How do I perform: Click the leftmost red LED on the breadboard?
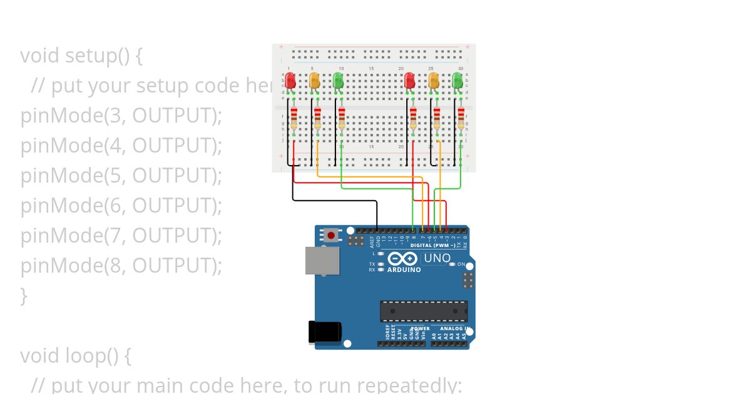tap(290, 80)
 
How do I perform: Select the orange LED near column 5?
tap(314, 80)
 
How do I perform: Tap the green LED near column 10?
tap(338, 80)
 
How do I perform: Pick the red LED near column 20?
tap(409, 80)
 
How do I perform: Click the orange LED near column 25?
tap(433, 80)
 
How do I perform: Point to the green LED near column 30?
tap(457, 80)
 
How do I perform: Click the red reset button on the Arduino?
tap(330, 236)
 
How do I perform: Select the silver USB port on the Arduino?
tap(322, 260)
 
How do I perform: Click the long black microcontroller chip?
tap(424, 311)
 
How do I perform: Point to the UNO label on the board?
tap(437, 258)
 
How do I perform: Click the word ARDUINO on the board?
tap(404, 270)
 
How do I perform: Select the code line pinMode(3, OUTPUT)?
tap(121, 116)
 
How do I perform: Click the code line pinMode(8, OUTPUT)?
tap(121, 266)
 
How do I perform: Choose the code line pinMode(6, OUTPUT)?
tap(121, 206)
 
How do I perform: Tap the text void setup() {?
tap(81, 56)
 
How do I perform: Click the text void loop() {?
tap(75, 356)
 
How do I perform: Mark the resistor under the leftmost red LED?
tap(294, 118)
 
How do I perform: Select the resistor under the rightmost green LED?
tap(461, 118)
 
